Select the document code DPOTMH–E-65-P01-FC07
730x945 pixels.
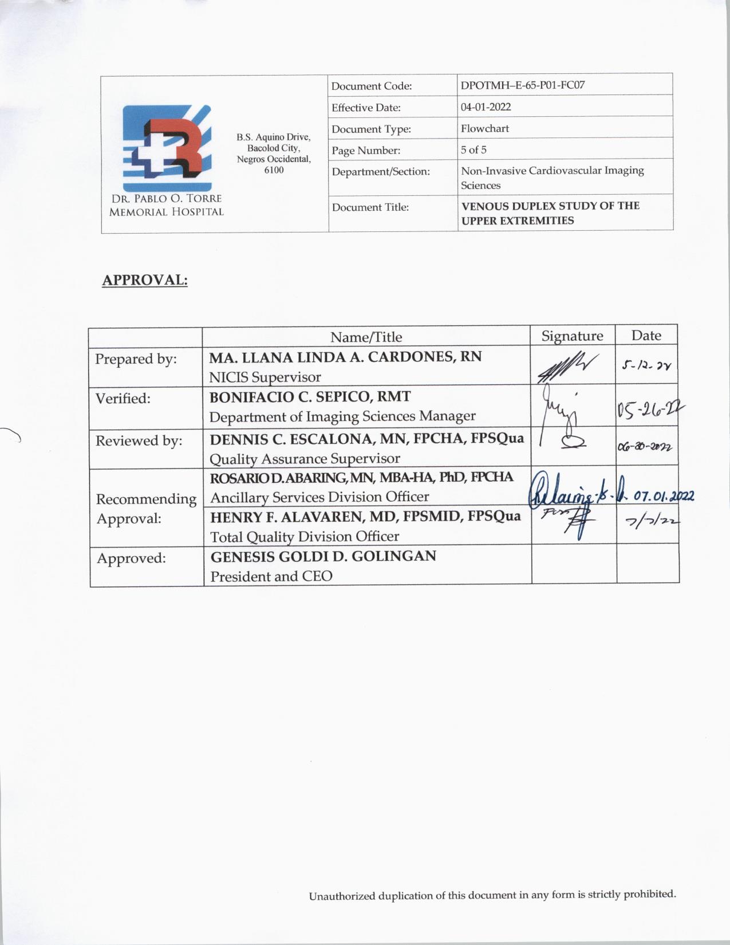click(523, 85)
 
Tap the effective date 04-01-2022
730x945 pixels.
click(486, 107)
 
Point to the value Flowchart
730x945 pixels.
click(485, 128)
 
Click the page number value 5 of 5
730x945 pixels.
click(473, 149)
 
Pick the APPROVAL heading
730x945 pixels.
click(145, 281)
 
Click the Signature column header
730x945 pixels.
click(572, 336)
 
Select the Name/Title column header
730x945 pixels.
click(366, 337)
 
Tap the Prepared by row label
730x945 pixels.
click(136, 359)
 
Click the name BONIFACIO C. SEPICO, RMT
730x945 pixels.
click(310, 397)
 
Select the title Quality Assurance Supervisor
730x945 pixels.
click(305, 459)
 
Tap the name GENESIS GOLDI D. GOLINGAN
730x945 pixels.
click(323, 556)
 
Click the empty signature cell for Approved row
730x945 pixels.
click(574, 564)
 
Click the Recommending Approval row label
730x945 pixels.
click(145, 509)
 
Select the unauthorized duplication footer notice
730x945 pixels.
click(492, 895)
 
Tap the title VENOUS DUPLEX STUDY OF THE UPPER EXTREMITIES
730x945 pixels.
click(550, 213)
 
